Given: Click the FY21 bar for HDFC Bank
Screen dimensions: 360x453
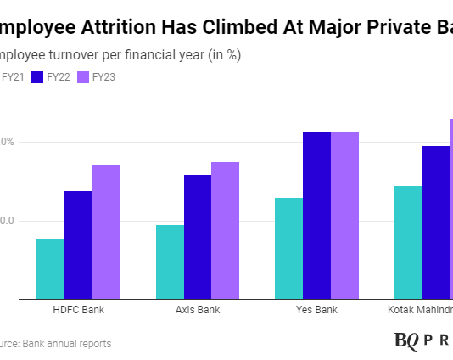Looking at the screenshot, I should coord(50,268).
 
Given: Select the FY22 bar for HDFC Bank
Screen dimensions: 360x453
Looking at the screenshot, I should coord(78,245).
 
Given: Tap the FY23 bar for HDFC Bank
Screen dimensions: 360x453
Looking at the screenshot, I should coord(106,231).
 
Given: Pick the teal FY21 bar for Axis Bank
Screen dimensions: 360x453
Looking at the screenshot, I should coord(170,262).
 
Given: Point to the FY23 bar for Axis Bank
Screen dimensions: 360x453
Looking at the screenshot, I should coord(225,230).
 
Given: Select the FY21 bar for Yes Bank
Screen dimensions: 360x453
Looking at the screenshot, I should coord(288,248).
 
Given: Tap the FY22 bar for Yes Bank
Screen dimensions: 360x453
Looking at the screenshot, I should coord(316,215).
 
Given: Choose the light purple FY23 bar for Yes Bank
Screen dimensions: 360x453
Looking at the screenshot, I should coord(344,215).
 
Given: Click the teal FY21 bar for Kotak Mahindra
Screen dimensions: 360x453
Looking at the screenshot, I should coord(408,242).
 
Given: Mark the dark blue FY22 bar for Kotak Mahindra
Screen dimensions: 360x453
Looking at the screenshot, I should coord(435,222).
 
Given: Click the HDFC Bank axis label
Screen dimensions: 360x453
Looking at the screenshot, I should coord(78,310).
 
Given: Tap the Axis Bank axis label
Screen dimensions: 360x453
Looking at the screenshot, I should coord(198,310).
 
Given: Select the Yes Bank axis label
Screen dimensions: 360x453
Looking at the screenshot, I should coord(316,310).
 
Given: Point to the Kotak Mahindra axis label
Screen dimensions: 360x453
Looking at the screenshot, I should coord(420,310).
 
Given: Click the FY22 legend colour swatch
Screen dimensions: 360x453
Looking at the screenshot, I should coord(37,77).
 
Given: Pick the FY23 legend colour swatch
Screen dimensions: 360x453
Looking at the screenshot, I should coord(83,77).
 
